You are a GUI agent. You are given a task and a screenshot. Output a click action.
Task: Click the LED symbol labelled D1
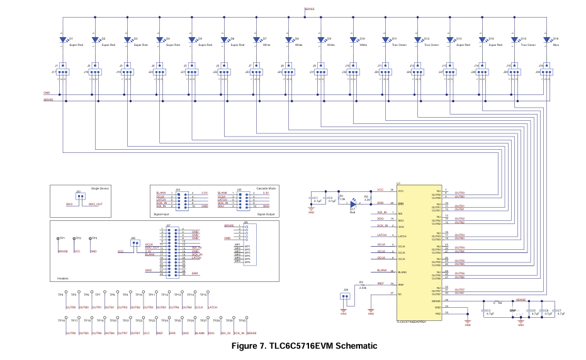click(63, 39)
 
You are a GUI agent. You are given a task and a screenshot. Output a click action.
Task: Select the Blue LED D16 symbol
click(547, 39)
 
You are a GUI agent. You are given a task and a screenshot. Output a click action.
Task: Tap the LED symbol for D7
click(256, 39)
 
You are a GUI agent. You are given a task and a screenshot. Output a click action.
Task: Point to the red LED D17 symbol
click(353, 204)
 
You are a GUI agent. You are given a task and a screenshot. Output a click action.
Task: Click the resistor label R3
click(361, 283)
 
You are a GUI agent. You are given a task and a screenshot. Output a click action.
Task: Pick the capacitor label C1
click(315, 197)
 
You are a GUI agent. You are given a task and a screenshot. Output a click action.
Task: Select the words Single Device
click(100, 188)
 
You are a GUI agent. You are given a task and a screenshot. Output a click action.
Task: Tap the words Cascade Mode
click(266, 188)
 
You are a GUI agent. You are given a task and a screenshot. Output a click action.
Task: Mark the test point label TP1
click(63, 239)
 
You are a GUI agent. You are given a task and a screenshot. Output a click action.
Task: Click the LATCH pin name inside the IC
click(402, 235)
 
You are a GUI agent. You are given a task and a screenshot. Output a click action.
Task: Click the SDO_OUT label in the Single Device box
click(95, 205)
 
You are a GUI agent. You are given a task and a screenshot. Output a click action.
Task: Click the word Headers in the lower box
click(63, 278)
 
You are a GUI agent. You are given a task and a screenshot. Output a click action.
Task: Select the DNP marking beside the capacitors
click(512, 310)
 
